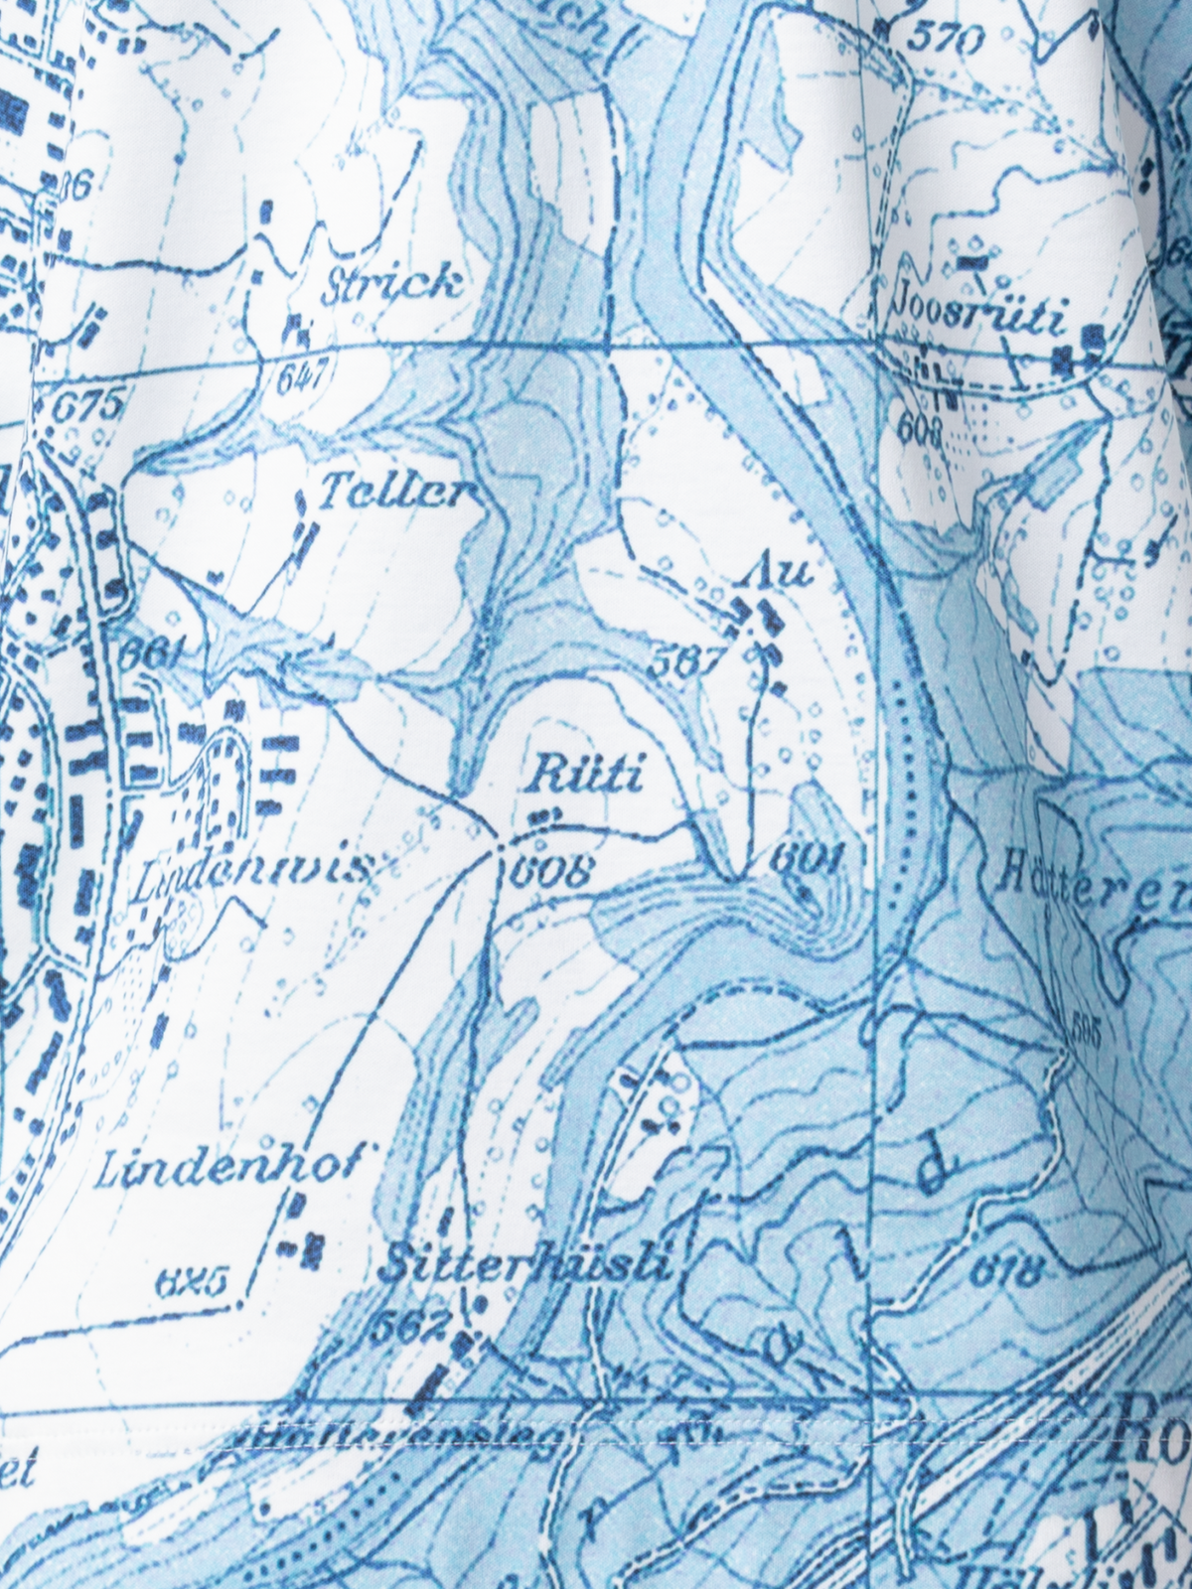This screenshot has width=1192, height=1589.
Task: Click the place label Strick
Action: (393, 285)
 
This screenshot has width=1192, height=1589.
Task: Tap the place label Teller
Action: (395, 493)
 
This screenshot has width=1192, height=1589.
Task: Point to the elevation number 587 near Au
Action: (683, 662)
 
